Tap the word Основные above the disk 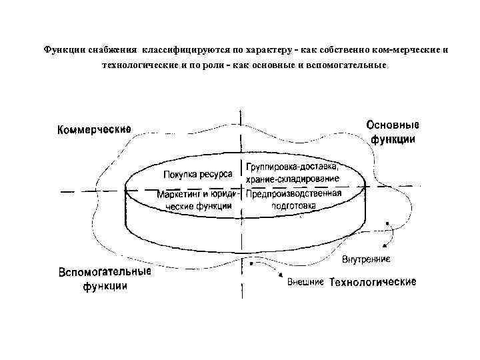tap(393, 125)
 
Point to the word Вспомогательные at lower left tap(105, 273)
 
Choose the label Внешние tap(305, 282)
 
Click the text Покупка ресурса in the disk tap(197, 175)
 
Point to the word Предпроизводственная tap(293, 195)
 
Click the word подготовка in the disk tap(293, 206)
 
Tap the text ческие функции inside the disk tap(198, 206)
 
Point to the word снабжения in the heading tap(111, 49)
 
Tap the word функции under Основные tap(393, 140)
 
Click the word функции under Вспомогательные tap(105, 287)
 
